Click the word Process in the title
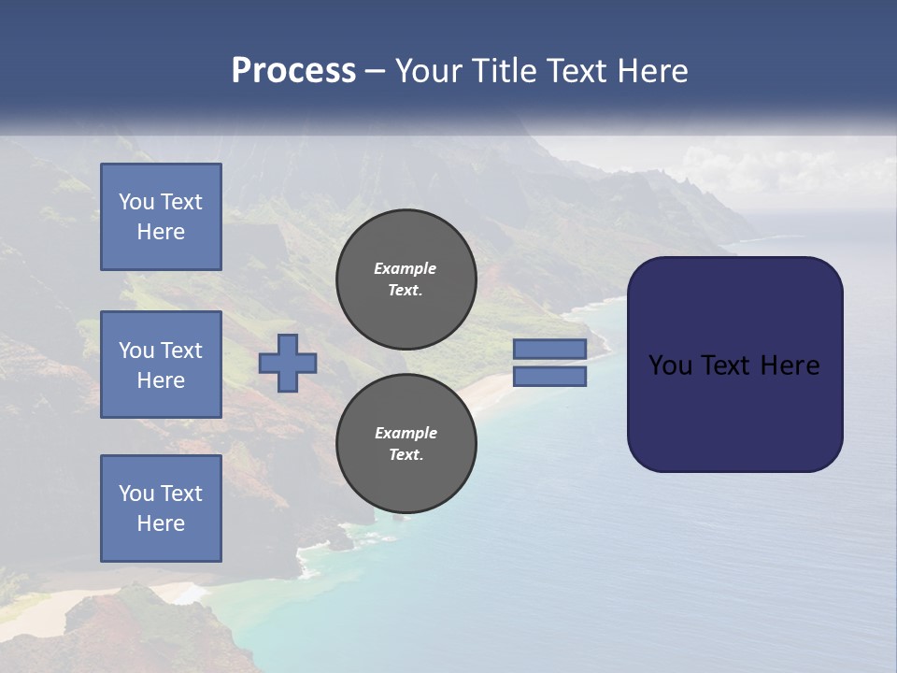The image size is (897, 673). coord(293,71)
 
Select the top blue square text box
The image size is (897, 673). coord(161,217)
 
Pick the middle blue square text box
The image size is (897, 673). coord(161,365)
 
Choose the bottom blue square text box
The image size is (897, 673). coord(161,508)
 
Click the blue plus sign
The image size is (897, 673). coord(288,363)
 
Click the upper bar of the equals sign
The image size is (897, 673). coord(550,349)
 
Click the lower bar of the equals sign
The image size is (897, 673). coord(550,377)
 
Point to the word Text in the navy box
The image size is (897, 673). coord(727,365)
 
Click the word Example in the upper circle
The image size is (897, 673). coord(406,268)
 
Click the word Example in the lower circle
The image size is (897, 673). coord(406,433)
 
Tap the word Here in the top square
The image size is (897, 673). coord(161,232)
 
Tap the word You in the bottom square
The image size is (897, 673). coord(135,494)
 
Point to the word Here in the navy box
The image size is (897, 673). coord(790,365)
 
